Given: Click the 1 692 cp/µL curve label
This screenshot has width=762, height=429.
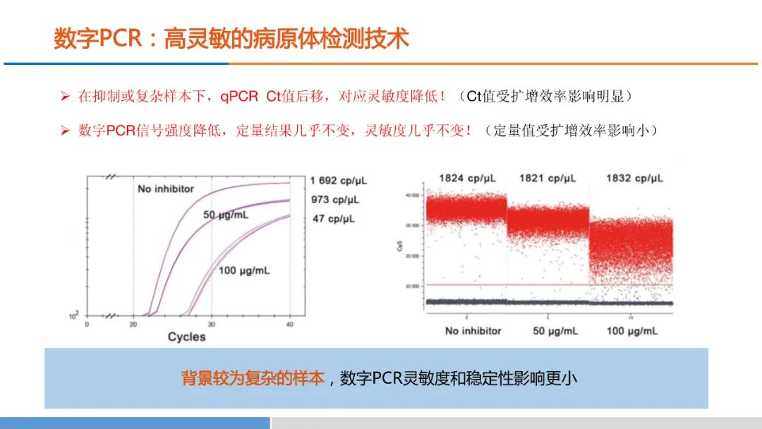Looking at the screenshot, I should [x=339, y=181].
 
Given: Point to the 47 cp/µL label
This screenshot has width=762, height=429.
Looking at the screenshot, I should [x=334, y=218].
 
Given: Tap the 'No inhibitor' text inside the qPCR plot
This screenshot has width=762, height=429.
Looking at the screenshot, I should [x=166, y=189].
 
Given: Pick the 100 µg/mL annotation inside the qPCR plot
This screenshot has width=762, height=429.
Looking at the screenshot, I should [x=244, y=270].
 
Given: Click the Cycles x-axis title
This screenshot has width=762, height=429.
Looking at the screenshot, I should [x=186, y=337].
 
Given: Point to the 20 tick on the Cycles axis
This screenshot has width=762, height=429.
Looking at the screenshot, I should [x=133, y=324].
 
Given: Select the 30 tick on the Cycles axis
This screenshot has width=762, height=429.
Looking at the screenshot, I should [x=212, y=324].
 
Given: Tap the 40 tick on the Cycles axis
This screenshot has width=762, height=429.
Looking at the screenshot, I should [x=290, y=324].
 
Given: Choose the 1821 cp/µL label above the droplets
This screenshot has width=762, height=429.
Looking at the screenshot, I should [x=548, y=178].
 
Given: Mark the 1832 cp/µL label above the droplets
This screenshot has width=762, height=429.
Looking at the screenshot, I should [x=634, y=178].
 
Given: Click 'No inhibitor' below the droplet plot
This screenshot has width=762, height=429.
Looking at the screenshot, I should [x=473, y=330].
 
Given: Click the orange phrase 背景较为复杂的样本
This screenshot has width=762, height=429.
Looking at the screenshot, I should [x=253, y=378].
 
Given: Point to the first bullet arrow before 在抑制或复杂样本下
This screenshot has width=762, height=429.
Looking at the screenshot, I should [x=64, y=96].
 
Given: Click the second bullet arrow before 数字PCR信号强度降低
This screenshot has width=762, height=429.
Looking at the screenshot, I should [x=64, y=131].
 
